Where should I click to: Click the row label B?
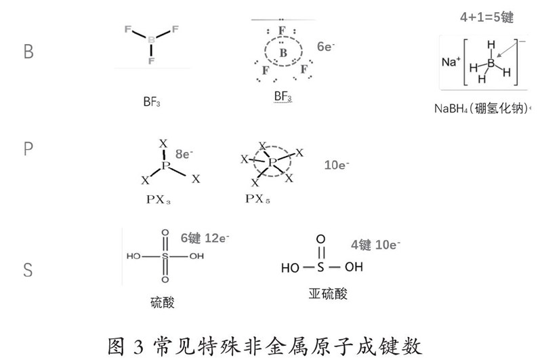(28, 52)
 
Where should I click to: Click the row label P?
(28, 149)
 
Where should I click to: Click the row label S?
(28, 270)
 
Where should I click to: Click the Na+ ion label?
(451, 61)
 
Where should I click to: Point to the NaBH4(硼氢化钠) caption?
(482, 108)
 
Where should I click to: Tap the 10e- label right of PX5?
(337, 165)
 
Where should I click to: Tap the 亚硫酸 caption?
(327, 294)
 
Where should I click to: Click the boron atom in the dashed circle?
(284, 52)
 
